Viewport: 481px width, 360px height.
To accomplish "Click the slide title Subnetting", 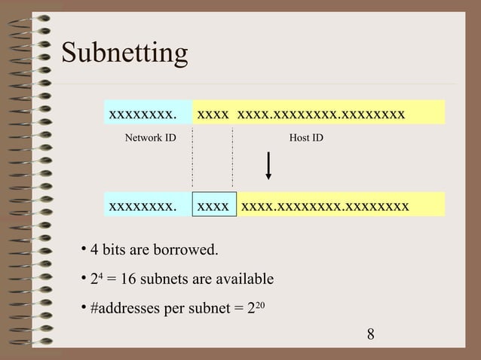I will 124,53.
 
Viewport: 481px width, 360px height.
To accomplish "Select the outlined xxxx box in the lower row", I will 213,204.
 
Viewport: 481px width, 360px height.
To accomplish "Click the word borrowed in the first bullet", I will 191,249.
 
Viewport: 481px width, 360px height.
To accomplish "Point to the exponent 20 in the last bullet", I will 260,305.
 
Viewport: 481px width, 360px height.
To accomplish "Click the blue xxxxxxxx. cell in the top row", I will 144,114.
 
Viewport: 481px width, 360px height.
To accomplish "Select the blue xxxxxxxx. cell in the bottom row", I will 144,204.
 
